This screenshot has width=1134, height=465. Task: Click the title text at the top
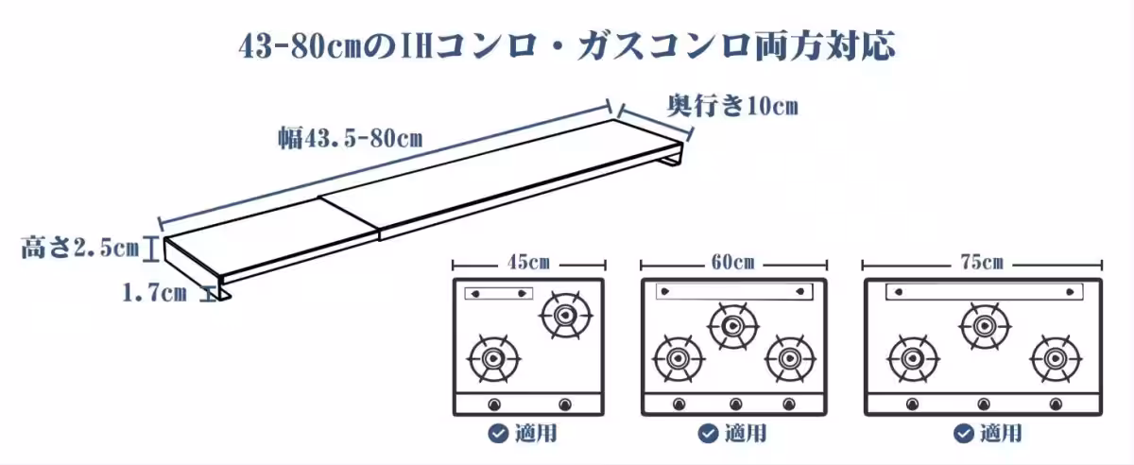click(566, 44)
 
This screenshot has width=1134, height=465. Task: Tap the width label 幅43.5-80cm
click(350, 138)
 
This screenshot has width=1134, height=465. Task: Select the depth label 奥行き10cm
click(732, 105)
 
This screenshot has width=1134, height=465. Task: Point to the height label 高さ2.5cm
click(80, 249)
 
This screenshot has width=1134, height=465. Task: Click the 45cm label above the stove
click(528, 262)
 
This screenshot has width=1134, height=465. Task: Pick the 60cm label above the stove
click(733, 262)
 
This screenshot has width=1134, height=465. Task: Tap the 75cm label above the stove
click(983, 262)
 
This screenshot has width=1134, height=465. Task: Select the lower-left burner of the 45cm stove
click(492, 358)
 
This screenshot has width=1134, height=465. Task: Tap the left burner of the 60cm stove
click(679, 358)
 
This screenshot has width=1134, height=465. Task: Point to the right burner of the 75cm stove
click(1053, 358)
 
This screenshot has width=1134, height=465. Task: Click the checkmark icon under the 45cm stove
click(497, 434)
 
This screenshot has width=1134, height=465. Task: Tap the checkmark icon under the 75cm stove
click(963, 434)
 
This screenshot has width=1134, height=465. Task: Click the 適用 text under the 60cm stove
click(745, 434)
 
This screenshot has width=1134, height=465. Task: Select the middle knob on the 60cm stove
click(733, 405)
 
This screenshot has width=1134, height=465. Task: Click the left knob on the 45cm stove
click(493, 405)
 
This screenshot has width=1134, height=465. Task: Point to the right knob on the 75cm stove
click(1053, 405)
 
